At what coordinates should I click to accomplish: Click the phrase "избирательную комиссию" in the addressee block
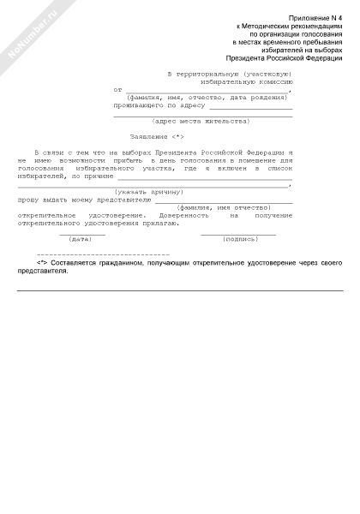(246, 82)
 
